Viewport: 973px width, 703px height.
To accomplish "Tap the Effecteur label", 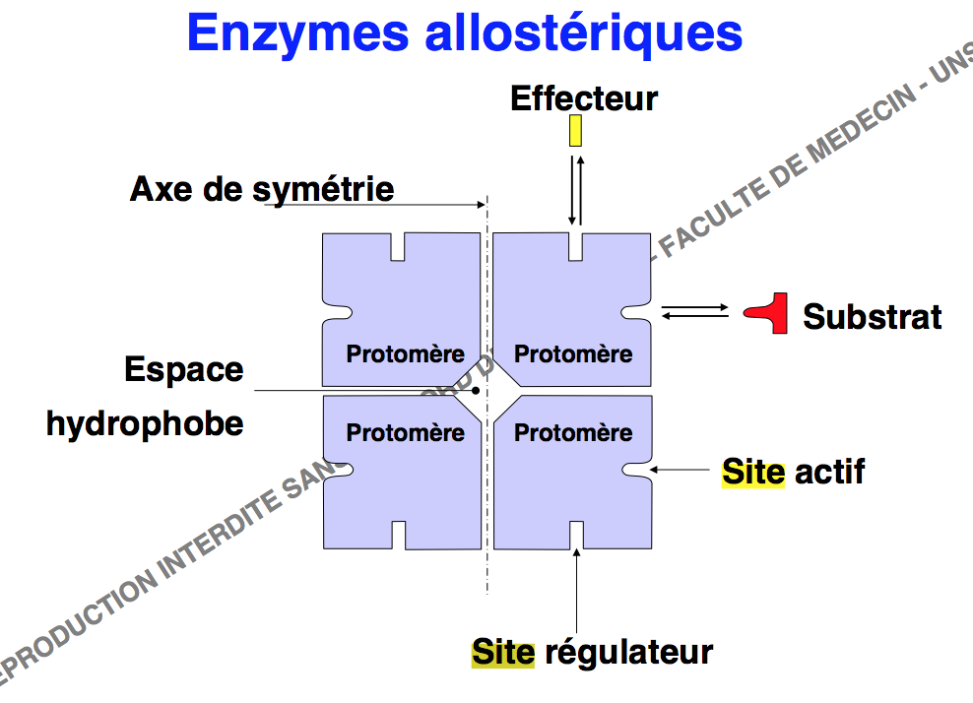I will (x=583, y=98).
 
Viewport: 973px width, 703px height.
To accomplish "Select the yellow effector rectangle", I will (x=575, y=131).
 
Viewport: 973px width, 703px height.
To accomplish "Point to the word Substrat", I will (x=872, y=316).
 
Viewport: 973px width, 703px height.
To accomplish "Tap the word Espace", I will (x=183, y=370).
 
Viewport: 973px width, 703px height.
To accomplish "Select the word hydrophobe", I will (x=144, y=423).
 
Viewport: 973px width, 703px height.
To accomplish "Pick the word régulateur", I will (x=627, y=652).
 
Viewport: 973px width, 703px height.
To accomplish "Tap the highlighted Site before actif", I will (x=753, y=472).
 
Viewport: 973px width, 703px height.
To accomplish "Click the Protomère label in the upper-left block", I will (x=405, y=353).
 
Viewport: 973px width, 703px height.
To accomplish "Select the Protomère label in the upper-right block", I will (x=573, y=353).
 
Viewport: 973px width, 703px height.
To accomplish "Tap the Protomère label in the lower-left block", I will (x=405, y=432).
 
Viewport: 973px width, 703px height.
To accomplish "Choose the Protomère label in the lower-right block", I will (x=573, y=432).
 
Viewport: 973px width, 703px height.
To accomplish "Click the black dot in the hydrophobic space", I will (x=475, y=390).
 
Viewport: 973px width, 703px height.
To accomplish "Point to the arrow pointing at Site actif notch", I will (x=681, y=471).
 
